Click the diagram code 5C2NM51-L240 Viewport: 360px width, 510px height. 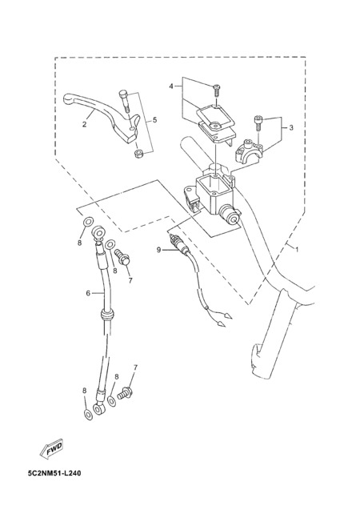54,473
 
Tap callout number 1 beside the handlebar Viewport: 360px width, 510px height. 296,250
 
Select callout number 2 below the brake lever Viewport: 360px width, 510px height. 84,125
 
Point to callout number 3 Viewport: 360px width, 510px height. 290,127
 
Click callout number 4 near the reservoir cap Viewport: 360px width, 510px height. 171,86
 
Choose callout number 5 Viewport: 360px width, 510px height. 154,120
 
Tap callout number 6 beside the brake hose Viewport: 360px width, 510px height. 88,293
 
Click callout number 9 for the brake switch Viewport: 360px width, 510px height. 159,250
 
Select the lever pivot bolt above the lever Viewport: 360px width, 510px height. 125,100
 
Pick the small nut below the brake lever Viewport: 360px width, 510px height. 138,153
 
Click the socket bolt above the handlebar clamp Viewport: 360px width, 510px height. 258,123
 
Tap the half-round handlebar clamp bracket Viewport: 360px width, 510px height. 250,150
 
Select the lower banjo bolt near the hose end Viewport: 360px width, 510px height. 125,392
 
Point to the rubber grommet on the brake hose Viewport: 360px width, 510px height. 107,315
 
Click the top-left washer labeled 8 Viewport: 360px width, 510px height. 88,222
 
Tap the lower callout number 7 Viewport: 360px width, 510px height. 135,367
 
